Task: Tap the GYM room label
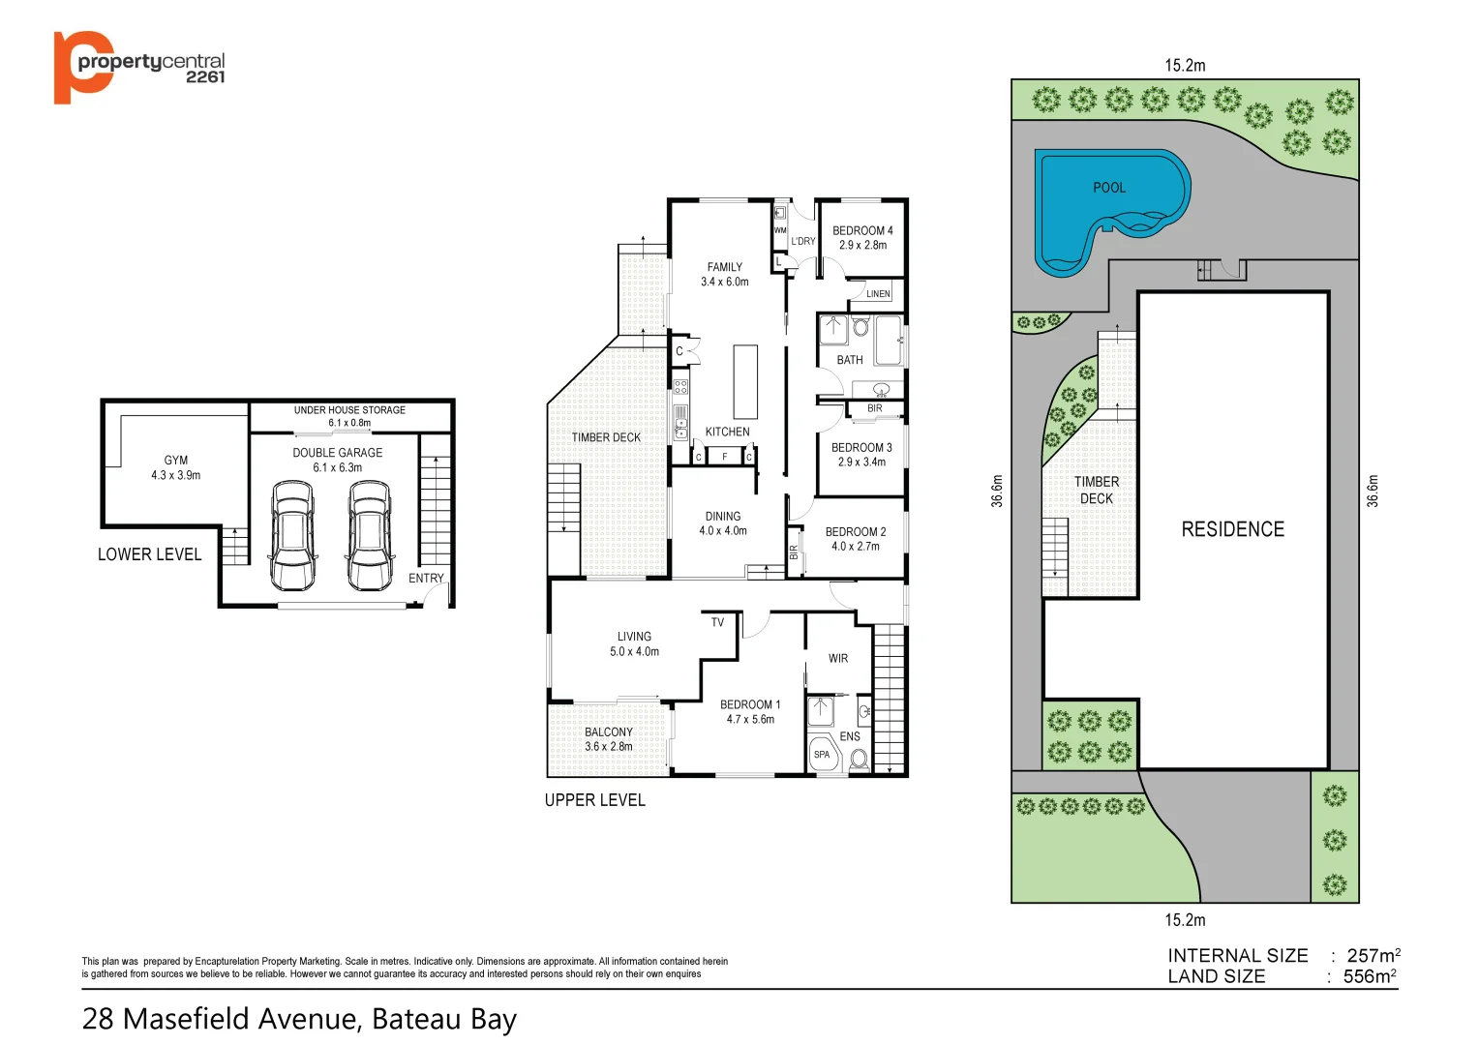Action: coord(176,461)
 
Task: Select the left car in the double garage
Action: coord(293,535)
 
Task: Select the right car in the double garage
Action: coord(370,535)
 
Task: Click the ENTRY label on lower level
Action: coord(426,578)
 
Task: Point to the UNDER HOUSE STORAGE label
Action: coord(349,410)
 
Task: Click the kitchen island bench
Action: coord(744,381)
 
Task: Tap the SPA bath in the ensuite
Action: coord(823,755)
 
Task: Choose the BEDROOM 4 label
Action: coord(862,230)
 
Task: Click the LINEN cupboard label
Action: coord(878,294)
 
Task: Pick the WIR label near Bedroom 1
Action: coord(838,659)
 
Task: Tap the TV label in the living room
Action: coord(717,622)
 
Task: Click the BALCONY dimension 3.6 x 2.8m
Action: coord(608,747)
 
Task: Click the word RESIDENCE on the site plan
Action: coord(1232,529)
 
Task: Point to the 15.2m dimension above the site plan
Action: coord(1185,66)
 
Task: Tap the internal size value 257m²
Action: coord(1373,956)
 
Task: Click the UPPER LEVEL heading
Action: coord(594,800)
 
